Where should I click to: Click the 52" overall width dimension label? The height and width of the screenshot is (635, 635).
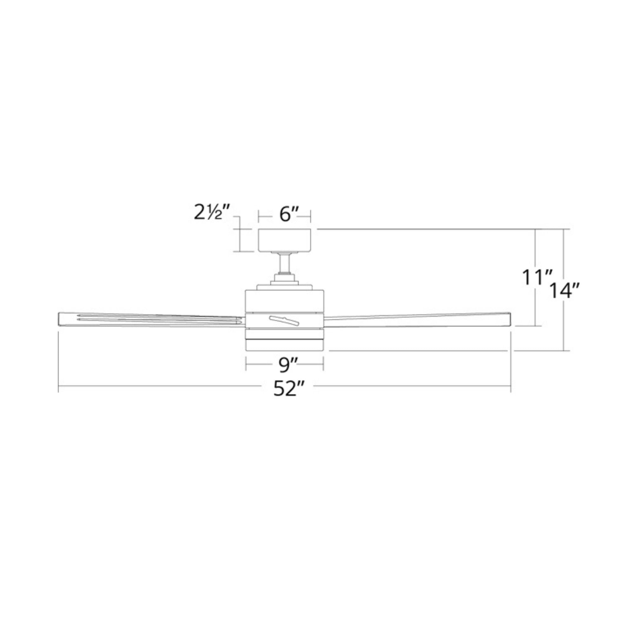click(x=288, y=390)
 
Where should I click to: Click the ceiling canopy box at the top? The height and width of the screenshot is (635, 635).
click(x=284, y=240)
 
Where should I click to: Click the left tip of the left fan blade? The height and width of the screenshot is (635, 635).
click(x=59, y=319)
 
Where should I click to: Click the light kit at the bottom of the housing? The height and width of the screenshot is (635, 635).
click(x=284, y=344)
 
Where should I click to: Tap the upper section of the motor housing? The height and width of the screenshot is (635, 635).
click(x=284, y=300)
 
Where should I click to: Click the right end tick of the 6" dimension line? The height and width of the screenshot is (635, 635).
click(x=310, y=217)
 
